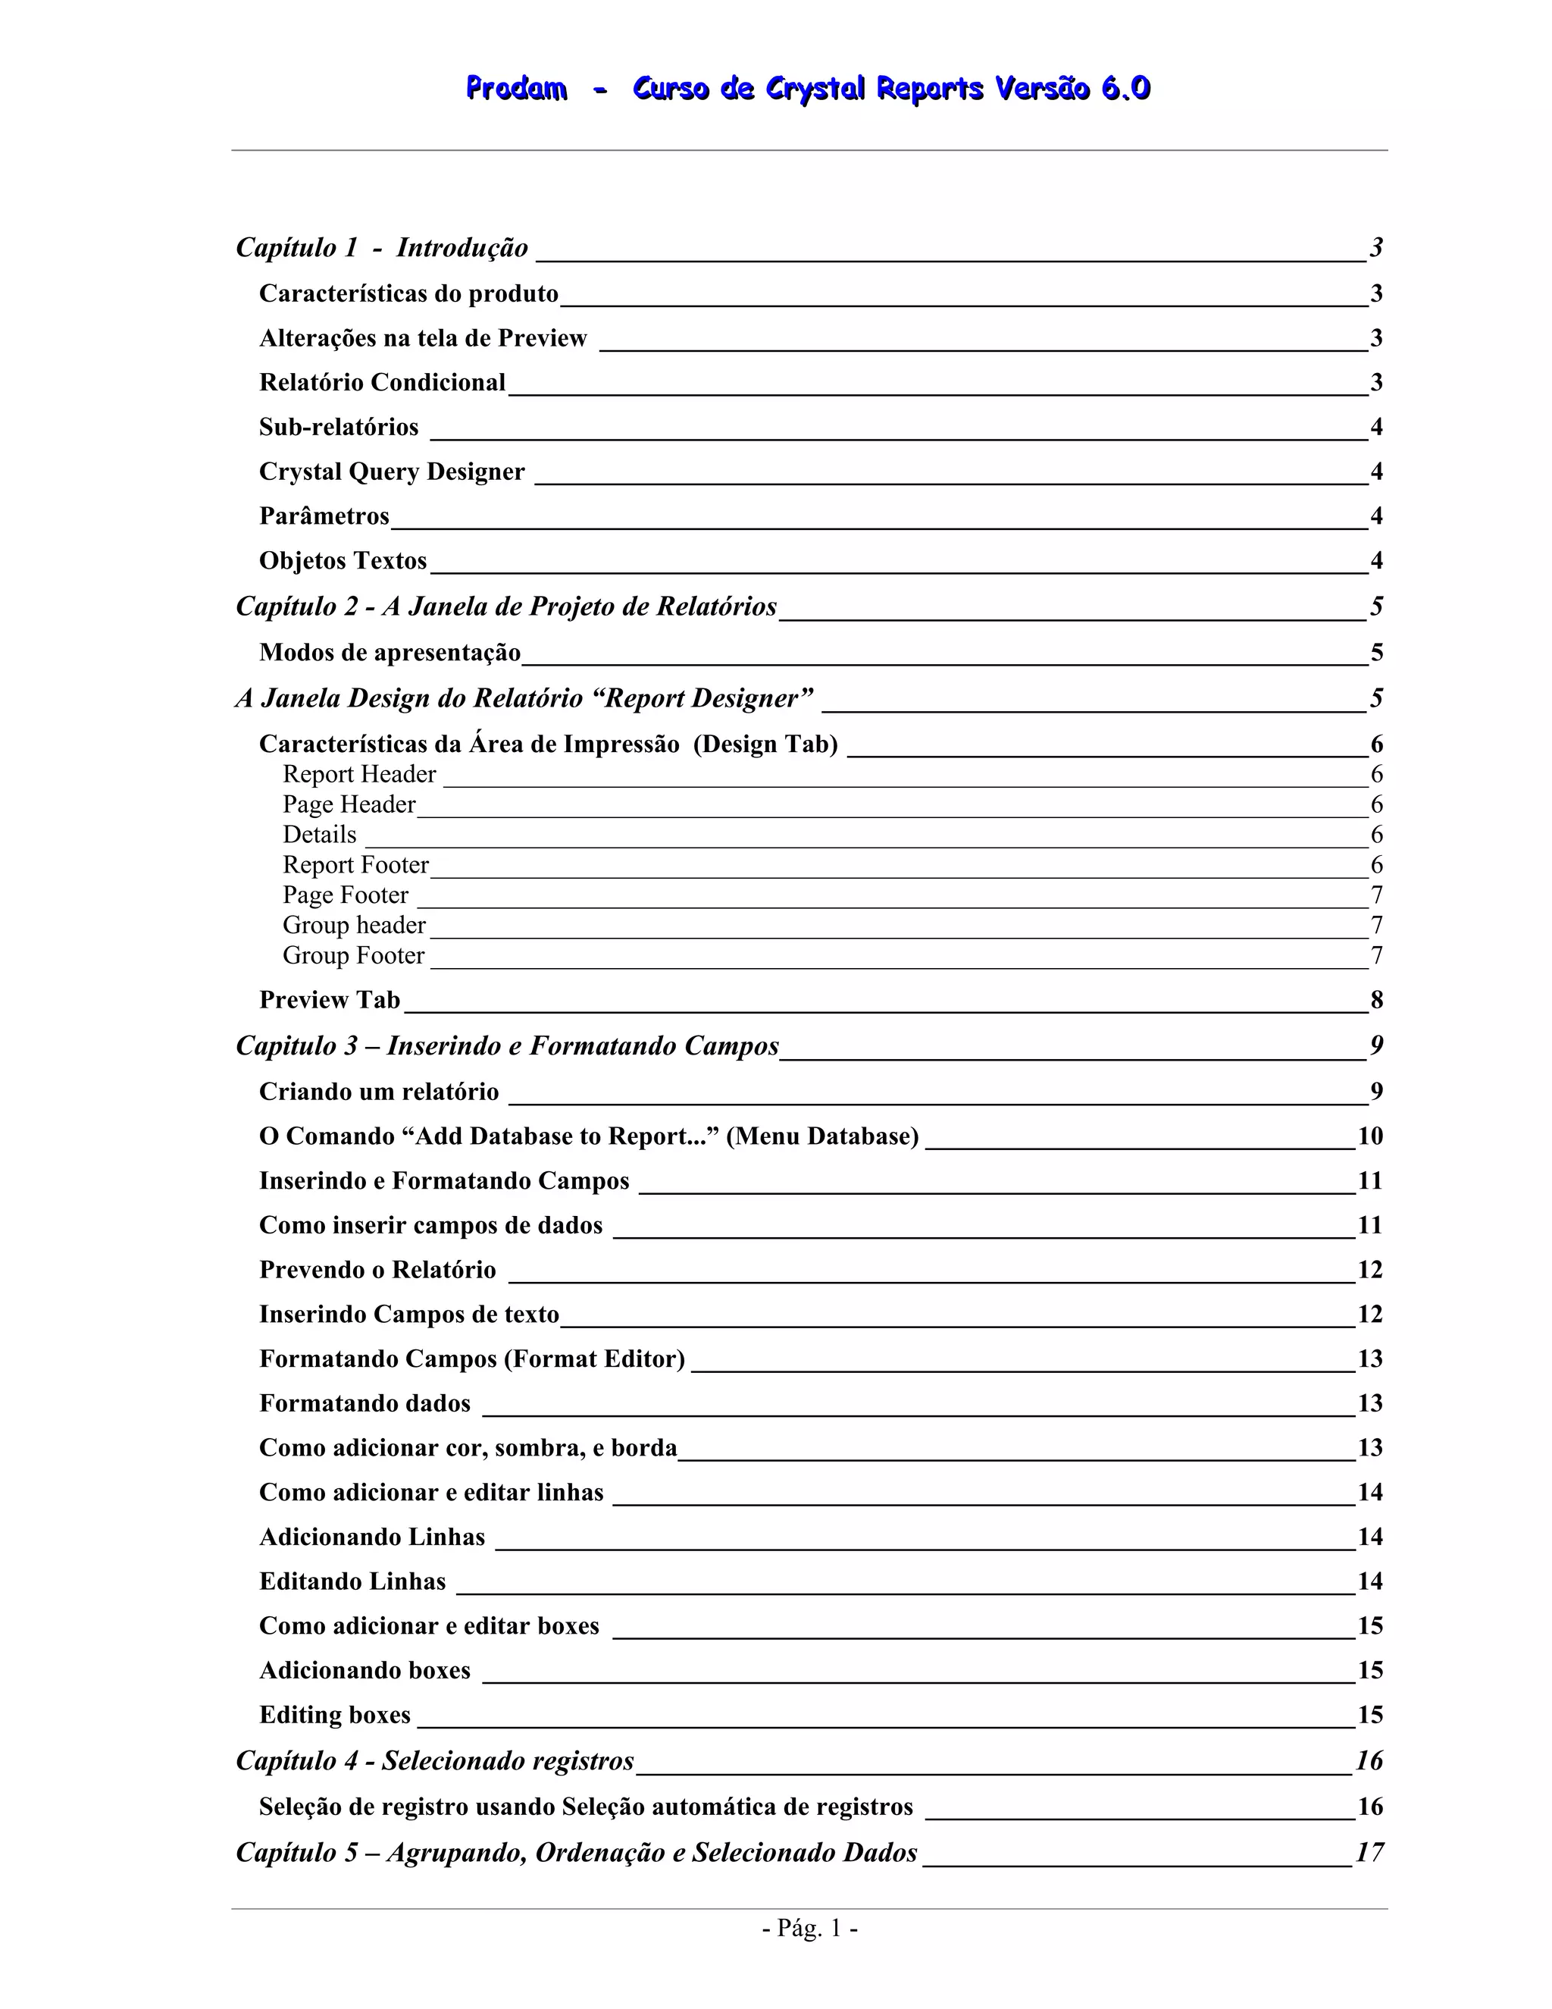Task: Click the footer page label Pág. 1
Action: coord(809,1928)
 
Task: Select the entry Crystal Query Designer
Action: coord(392,472)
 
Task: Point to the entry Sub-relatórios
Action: coord(338,427)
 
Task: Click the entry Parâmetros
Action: coord(324,516)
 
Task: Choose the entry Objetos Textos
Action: coord(343,561)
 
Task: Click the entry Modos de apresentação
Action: coord(390,653)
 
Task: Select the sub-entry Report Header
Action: coord(358,775)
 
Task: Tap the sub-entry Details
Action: coord(319,835)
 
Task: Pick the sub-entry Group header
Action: coord(354,926)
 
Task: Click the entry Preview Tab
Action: coord(329,1000)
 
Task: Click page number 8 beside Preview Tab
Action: coord(1376,1000)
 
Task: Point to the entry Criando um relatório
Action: coord(379,1092)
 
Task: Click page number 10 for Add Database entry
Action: coord(1370,1137)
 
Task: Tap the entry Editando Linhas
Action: coord(352,1581)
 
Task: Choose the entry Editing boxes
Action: coord(335,1716)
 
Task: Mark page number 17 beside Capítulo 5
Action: coord(1369,1853)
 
